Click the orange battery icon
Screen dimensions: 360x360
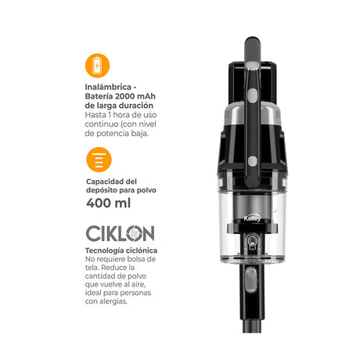[97, 66]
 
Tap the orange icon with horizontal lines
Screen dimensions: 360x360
[99, 160]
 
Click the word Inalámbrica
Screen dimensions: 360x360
[108, 87]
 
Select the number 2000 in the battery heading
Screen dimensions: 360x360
[125, 96]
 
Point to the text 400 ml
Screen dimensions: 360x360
[108, 203]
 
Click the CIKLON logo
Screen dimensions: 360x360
[121, 233]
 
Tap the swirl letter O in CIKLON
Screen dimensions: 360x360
[135, 233]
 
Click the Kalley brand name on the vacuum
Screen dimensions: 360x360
[252, 218]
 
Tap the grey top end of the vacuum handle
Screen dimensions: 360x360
[252, 49]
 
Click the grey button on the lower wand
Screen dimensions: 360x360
[251, 279]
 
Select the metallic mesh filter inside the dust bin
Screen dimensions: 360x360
[252, 206]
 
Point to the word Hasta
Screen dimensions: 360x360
[95, 115]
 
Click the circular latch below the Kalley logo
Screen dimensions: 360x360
[251, 240]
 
